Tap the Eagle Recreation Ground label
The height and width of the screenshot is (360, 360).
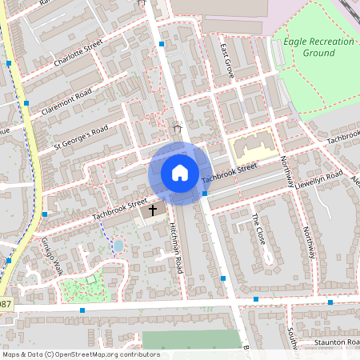tap(308, 46)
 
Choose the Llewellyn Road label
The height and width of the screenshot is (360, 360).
tap(318, 180)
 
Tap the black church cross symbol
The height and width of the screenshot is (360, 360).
tap(153, 210)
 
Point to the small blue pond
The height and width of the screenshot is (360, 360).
tap(118, 245)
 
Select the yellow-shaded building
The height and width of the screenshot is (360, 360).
tap(254, 148)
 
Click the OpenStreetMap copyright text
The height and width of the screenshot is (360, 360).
tap(80, 354)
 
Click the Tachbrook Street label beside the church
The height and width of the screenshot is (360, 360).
tap(120, 210)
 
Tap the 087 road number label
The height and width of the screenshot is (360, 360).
tap(6, 305)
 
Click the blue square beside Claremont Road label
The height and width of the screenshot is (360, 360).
tap(26, 102)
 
